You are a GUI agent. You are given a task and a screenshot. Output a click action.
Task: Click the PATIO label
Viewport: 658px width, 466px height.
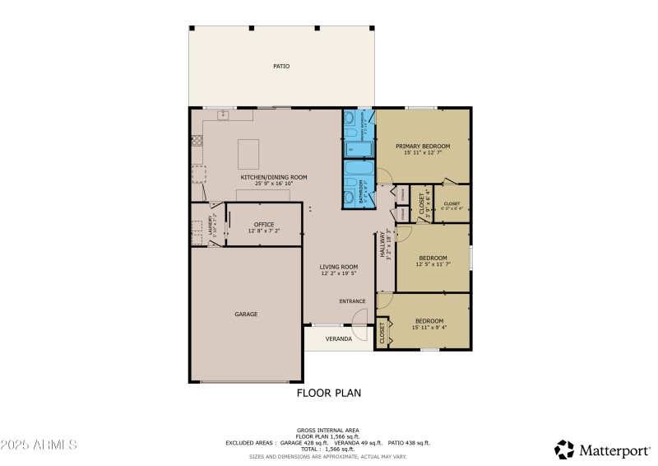[x=281, y=66]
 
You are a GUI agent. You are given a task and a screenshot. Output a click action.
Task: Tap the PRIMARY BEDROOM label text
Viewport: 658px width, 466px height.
[x=423, y=146]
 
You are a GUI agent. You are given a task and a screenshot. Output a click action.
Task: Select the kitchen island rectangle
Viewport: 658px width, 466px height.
[x=248, y=153]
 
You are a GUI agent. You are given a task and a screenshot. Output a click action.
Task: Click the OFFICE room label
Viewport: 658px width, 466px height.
[x=263, y=224]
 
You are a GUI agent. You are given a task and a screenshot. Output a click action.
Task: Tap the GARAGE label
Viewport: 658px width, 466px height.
[x=246, y=314]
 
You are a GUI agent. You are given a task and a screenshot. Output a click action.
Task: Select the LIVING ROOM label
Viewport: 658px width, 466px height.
[x=339, y=266]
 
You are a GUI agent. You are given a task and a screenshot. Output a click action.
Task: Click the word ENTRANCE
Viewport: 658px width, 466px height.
[x=352, y=301]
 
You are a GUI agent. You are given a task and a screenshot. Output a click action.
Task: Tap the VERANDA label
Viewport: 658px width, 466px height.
[x=338, y=338]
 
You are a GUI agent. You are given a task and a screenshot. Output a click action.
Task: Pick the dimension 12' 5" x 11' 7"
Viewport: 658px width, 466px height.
[x=433, y=263]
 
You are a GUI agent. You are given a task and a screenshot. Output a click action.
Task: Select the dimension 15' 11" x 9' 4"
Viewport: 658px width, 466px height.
[x=429, y=328]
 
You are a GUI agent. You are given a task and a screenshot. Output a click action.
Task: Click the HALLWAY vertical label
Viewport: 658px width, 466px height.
[x=382, y=245]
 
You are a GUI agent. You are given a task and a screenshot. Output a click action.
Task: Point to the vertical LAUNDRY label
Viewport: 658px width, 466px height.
[x=211, y=225]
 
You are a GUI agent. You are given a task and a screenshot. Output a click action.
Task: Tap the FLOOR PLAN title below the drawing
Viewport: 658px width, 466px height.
[x=328, y=393]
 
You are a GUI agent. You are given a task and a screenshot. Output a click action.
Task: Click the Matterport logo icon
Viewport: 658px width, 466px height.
[x=564, y=450]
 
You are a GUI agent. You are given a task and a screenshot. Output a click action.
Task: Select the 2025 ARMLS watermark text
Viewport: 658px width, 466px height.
[x=39, y=445]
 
